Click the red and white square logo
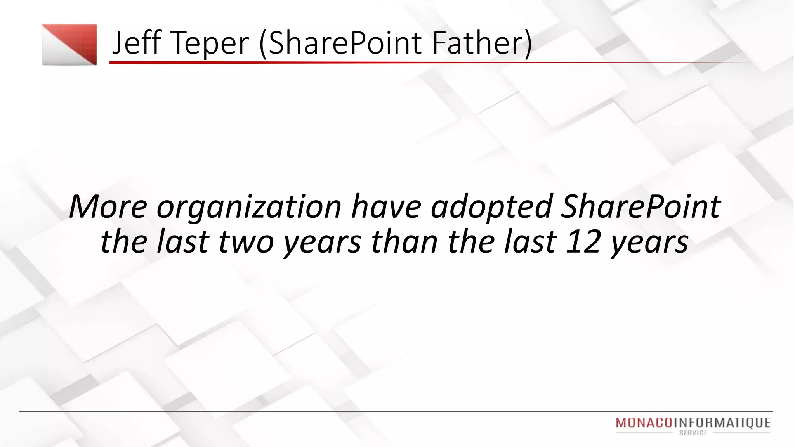[x=69, y=45]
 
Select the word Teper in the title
[x=210, y=43]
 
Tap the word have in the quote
[x=386, y=206]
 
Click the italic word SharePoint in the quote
[x=641, y=206]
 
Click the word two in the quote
[x=246, y=242]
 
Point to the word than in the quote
[x=404, y=241]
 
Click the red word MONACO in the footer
[x=644, y=423]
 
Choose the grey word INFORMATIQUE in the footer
[x=722, y=423]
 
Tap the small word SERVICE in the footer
[x=693, y=433]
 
